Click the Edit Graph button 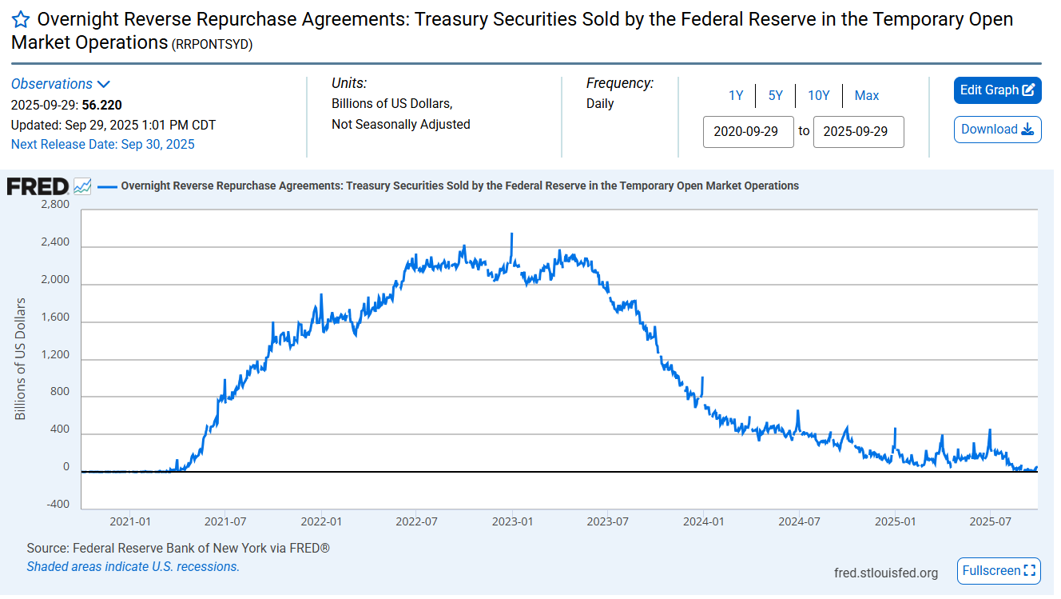point(997,90)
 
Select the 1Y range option point(736,96)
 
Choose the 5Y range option point(776,96)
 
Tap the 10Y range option point(819,96)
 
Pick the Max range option point(867,96)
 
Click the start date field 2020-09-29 point(749,132)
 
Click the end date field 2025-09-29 point(858,132)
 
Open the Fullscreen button point(999,571)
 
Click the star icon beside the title point(21,19)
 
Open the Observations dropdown point(60,84)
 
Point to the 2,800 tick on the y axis point(54,206)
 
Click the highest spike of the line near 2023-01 point(511,234)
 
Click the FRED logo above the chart point(38,186)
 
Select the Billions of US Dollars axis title point(21,359)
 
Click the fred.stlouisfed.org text point(886,573)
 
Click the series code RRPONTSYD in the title point(212,46)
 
